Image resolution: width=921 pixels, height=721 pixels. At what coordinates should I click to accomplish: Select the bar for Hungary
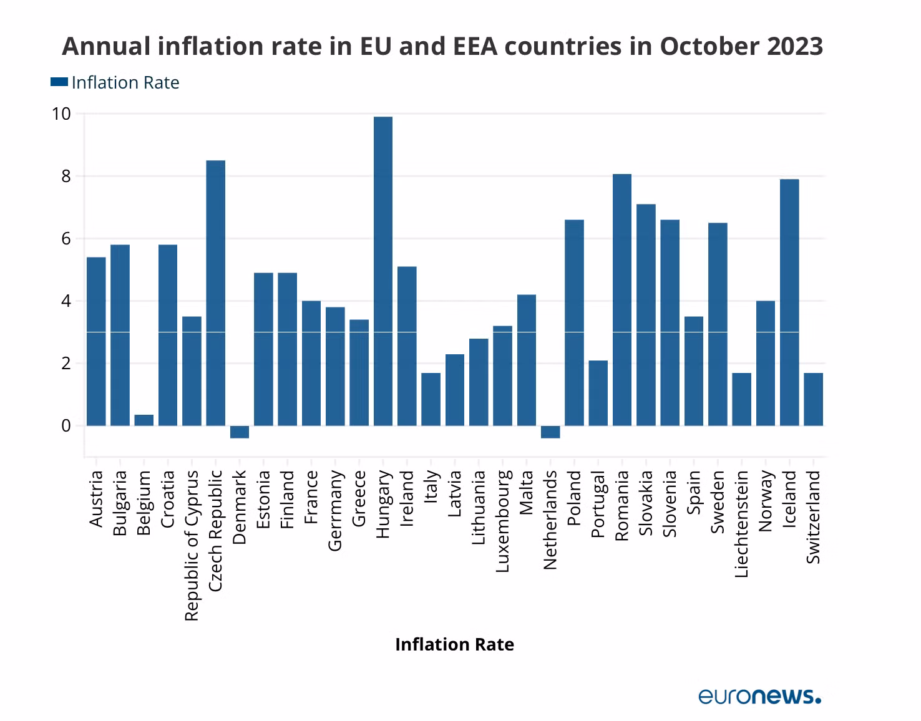[383, 271]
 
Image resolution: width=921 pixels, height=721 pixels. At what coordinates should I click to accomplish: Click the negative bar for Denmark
[240, 432]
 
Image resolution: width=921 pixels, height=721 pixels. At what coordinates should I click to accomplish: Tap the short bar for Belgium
[144, 420]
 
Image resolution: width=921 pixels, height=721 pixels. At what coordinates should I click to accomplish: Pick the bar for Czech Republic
[216, 293]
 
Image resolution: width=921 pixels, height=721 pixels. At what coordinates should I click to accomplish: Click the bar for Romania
[622, 300]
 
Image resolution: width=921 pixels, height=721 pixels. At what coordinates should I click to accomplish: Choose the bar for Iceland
[789, 302]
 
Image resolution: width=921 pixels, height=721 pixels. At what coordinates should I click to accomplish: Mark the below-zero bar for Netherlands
[550, 432]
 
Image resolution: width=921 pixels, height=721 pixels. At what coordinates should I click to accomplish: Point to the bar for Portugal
[598, 393]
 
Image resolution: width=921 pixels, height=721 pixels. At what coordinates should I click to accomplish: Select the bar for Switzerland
[813, 399]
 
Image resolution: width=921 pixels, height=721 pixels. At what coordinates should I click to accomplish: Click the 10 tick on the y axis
[62, 114]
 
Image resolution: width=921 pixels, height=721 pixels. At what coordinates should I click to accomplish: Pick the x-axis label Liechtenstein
[741, 524]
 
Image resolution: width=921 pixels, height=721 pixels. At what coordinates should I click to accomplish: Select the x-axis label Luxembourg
[503, 521]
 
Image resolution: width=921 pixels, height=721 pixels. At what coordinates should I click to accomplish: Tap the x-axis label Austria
[96, 498]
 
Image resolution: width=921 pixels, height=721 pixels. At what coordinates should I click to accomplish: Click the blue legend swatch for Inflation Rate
[59, 82]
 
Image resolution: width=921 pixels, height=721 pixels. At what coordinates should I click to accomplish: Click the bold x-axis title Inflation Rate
[454, 644]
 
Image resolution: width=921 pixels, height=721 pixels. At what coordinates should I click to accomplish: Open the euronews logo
[759, 696]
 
